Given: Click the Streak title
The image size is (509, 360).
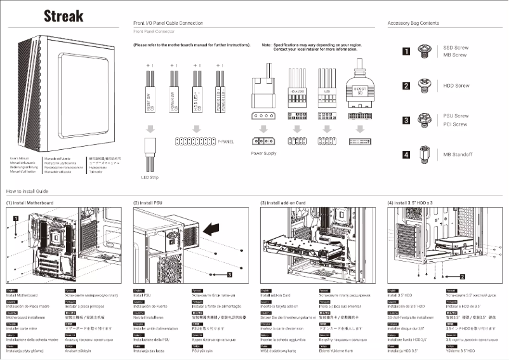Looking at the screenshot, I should click(63, 16).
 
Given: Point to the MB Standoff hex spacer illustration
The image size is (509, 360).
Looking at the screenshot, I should click(424, 154).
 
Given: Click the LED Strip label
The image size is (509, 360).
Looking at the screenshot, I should click(149, 177).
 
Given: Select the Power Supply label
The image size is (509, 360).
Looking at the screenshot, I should click(264, 153).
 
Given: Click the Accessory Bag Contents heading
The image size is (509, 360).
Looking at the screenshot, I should click(413, 23).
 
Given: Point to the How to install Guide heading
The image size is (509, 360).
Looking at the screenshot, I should click(27, 190).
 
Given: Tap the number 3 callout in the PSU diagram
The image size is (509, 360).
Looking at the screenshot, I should click(229, 274).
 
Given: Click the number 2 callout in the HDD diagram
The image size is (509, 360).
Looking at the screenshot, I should click(463, 277).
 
